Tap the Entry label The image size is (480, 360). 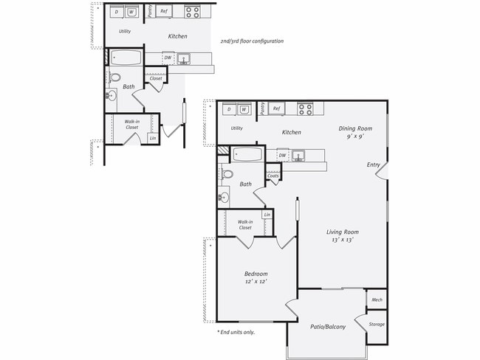click(374, 165)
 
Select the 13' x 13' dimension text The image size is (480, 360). click(342, 240)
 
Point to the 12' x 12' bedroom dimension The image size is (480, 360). click(256, 281)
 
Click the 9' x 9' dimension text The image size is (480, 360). click(355, 136)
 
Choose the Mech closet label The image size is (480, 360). click(377, 300)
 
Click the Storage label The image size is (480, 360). click(377, 324)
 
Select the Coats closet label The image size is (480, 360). click(272, 176)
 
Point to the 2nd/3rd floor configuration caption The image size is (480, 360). click(252, 41)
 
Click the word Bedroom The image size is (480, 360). click(256, 274)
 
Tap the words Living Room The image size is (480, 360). click(342, 232)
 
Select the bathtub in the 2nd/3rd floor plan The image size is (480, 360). click(128, 58)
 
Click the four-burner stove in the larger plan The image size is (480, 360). click(305, 109)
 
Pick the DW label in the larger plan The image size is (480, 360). click(282, 156)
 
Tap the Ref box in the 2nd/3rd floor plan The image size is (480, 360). click(165, 12)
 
